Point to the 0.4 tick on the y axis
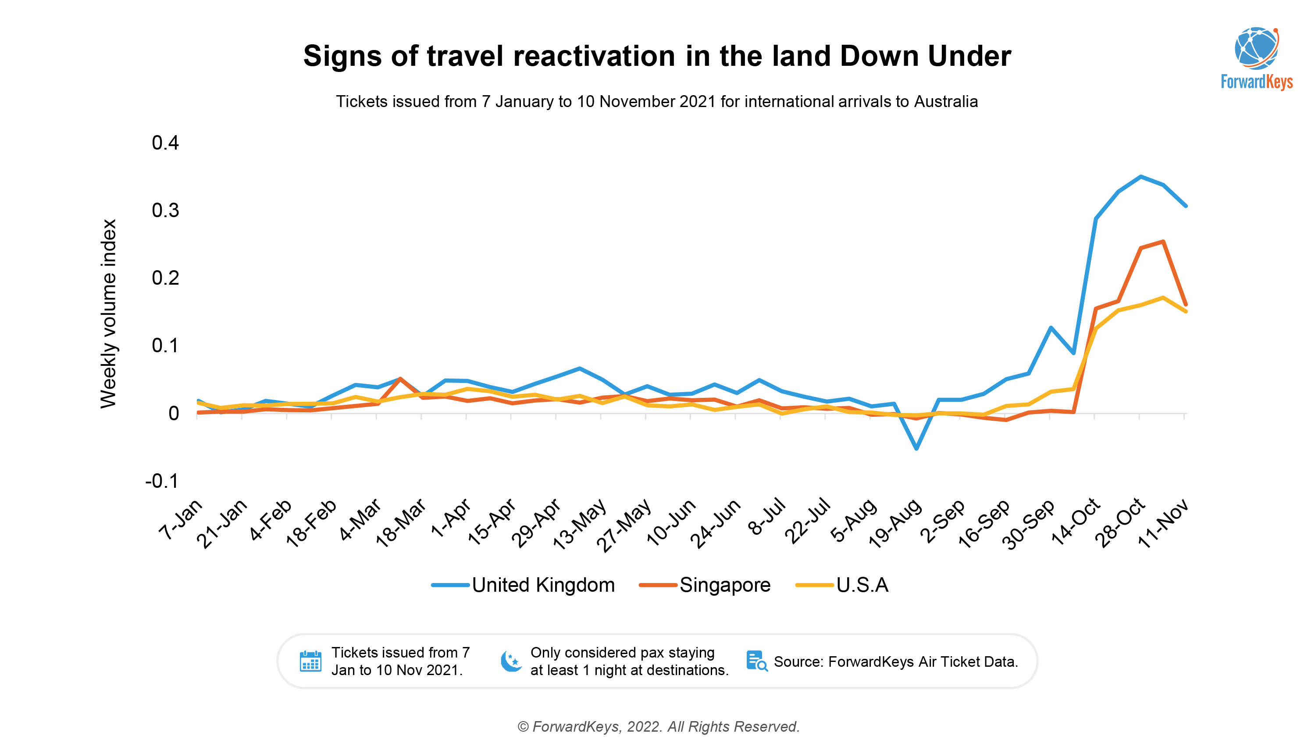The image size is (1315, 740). point(165,143)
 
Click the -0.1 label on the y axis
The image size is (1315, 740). point(162,481)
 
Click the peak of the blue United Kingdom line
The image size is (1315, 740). point(1140,177)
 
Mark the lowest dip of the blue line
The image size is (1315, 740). point(916,448)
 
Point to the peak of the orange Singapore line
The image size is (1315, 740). point(1163,242)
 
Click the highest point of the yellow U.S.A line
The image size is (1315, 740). point(1163,298)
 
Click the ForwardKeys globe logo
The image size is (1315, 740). point(1256,49)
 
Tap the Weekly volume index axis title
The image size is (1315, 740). point(109,314)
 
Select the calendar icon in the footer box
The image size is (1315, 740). point(310,661)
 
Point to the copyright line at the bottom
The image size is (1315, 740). point(659,726)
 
